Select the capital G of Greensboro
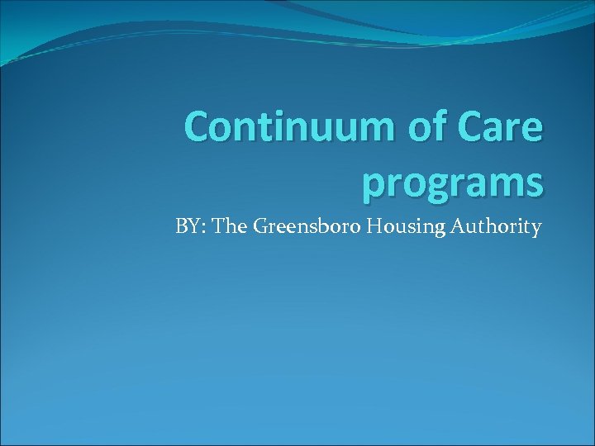coord(261,226)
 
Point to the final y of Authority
coord(536,229)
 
